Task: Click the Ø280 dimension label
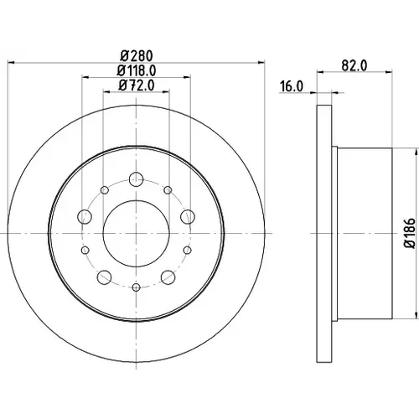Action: pos(137,55)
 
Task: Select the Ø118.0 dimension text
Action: pos(137,70)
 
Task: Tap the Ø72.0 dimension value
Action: pos(137,85)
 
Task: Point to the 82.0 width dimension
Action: pos(354,66)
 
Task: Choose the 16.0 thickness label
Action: pos(292,86)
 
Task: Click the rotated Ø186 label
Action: pos(410,233)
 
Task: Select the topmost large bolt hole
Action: pos(137,179)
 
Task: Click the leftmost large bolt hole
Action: pos(85,216)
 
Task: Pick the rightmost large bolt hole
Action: pos(188,216)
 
